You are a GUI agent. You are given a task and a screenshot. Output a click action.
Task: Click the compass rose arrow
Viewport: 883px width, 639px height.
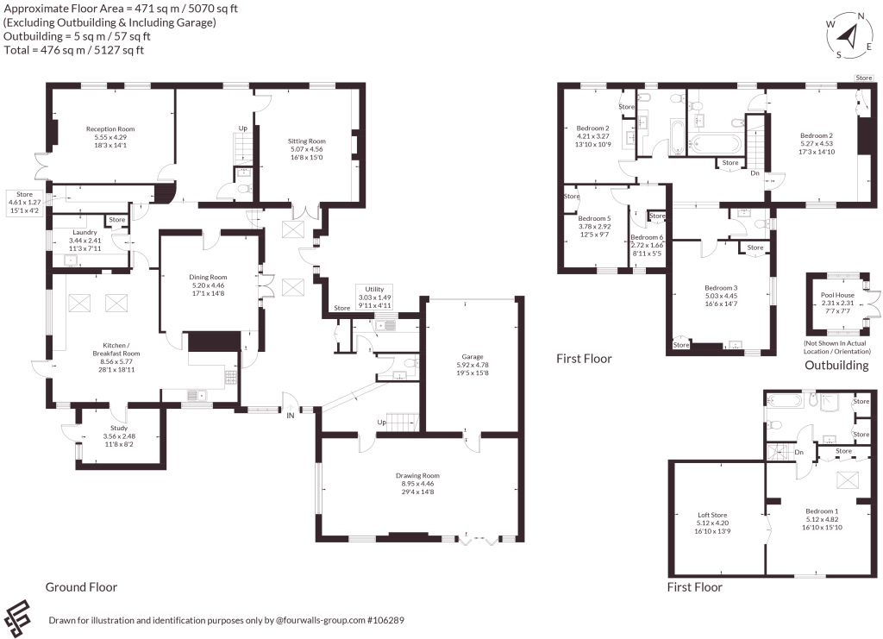click(847, 36)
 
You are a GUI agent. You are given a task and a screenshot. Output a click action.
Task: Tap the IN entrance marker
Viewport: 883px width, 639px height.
click(291, 416)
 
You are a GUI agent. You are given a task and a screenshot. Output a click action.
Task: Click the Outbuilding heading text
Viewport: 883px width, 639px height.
click(836, 366)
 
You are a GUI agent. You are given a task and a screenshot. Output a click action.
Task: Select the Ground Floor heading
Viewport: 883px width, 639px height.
click(81, 587)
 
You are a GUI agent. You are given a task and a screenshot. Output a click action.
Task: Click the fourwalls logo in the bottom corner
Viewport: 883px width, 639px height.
click(17, 618)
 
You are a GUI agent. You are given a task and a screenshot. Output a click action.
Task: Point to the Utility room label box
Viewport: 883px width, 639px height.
click(374, 298)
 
